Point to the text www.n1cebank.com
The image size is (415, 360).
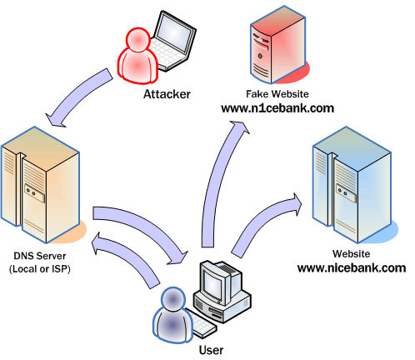click(277, 108)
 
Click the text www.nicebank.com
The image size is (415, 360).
click(351, 268)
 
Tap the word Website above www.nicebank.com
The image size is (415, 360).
click(351, 252)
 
